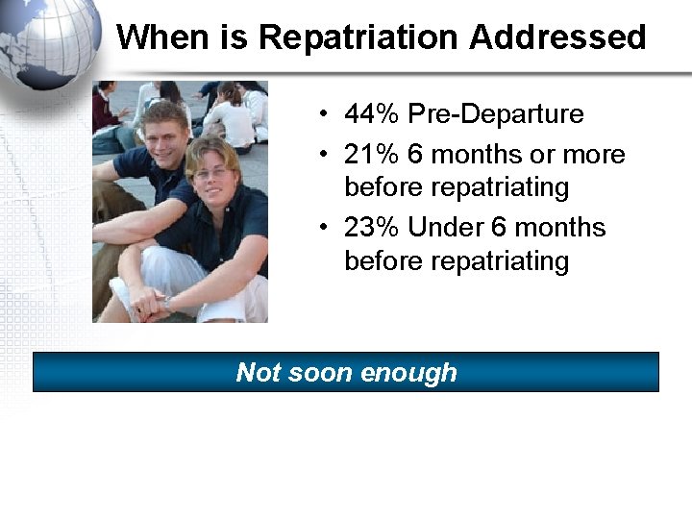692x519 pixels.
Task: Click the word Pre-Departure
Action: tap(495, 113)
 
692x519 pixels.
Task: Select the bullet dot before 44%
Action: tap(328, 114)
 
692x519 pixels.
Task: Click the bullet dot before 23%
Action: tap(328, 229)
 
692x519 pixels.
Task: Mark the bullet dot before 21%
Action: tap(328, 156)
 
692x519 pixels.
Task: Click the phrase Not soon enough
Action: tap(346, 372)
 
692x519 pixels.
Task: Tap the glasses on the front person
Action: tap(211, 173)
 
